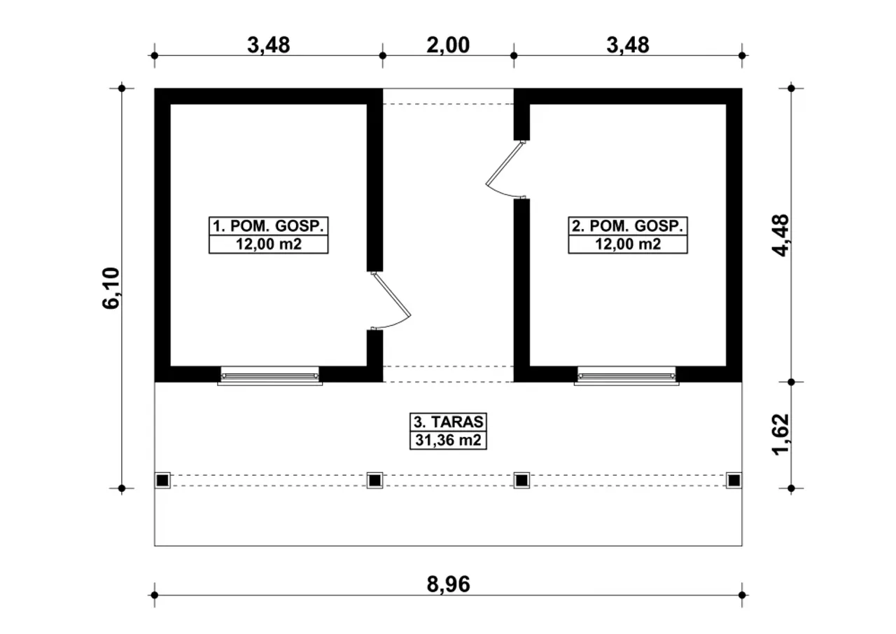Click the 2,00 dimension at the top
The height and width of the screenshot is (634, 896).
448,45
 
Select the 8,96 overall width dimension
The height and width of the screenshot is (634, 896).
448,584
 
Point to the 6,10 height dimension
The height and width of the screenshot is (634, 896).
111,288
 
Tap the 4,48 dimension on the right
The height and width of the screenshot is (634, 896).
780,235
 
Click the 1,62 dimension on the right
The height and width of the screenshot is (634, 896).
780,434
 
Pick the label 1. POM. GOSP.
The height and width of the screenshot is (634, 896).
268,226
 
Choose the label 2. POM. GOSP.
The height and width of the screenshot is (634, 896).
628,226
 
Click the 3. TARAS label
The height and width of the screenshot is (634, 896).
449,422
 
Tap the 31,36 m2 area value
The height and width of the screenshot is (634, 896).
449,440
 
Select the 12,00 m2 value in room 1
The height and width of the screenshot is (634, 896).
268,244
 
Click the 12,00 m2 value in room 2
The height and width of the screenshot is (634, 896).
628,244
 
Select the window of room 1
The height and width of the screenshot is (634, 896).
270,376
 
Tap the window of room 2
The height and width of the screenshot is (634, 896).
626,376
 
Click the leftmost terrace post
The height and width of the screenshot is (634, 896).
162,481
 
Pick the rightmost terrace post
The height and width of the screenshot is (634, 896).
734,481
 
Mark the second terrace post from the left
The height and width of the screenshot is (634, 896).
374,481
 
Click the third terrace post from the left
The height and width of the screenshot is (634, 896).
521,481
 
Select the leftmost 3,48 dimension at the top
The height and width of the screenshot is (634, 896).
268,45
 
